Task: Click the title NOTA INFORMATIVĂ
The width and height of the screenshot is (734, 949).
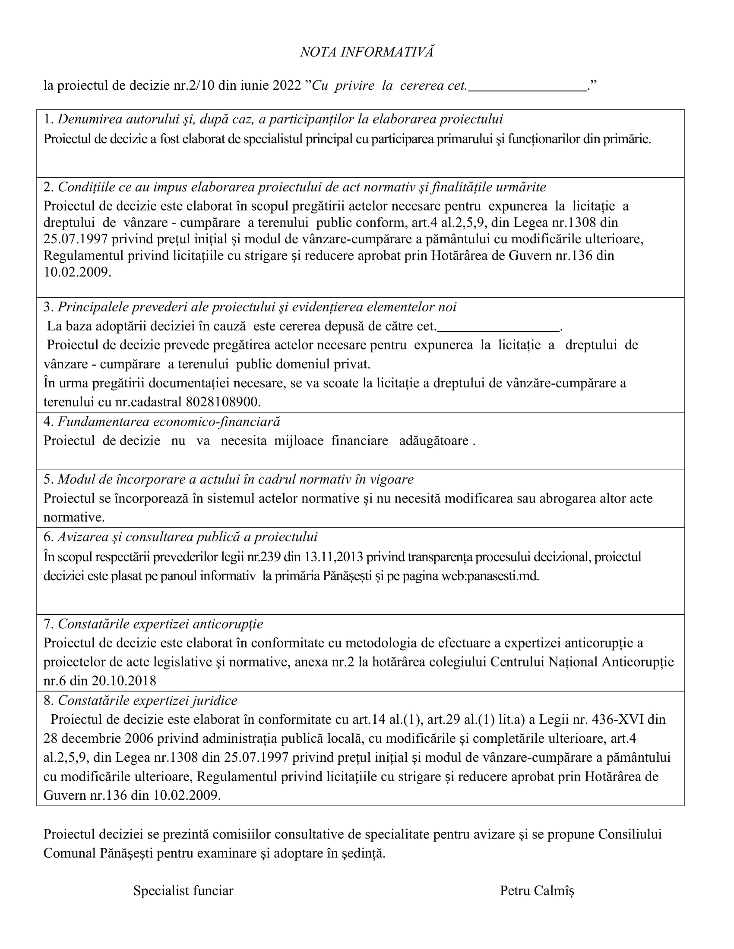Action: pos(367,52)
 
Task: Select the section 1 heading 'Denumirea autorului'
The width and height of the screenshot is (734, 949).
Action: pos(280,119)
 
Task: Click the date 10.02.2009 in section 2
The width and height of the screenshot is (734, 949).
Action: pos(77,272)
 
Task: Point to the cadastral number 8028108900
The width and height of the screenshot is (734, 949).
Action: pos(223,402)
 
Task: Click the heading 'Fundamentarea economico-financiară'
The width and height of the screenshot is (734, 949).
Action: pos(169,421)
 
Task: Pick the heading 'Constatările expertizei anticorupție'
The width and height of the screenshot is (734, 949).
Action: pos(160,624)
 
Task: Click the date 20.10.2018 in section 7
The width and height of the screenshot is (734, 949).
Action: pos(124,680)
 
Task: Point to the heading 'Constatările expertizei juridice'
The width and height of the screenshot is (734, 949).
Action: pos(147,701)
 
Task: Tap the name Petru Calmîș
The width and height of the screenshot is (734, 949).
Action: pos(537,891)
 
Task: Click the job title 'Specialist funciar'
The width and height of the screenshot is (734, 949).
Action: pos(183,891)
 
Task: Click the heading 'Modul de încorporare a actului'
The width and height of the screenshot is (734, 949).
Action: pos(235,479)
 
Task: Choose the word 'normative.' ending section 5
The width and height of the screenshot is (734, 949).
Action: pos(74,517)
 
